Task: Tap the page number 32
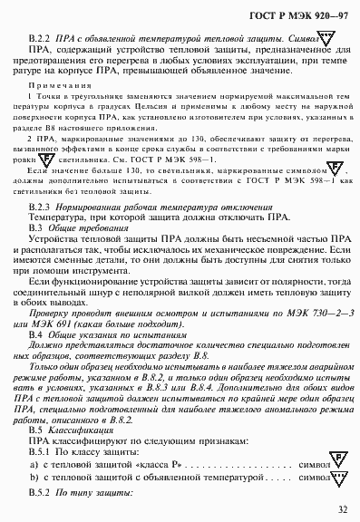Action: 340,509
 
